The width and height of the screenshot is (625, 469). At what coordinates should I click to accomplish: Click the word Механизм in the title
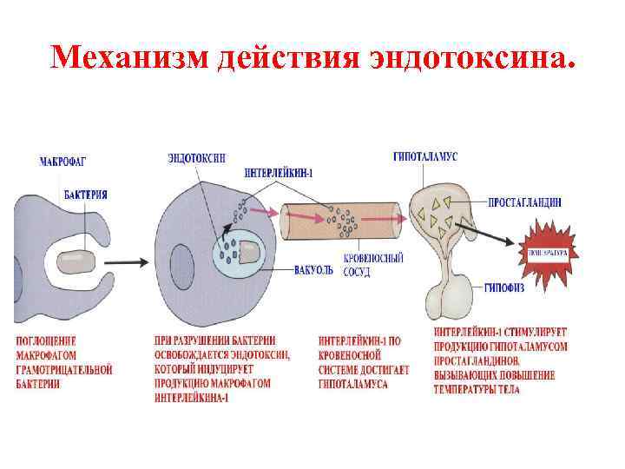click(x=129, y=58)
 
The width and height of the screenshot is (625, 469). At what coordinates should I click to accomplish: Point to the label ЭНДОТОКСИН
click(x=197, y=158)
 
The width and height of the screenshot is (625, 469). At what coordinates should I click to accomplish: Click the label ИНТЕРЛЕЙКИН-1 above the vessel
click(x=279, y=173)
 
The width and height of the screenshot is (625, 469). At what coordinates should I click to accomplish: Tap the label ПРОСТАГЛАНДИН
click(x=524, y=202)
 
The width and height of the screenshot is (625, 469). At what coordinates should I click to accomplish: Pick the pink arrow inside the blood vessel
click(x=307, y=213)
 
